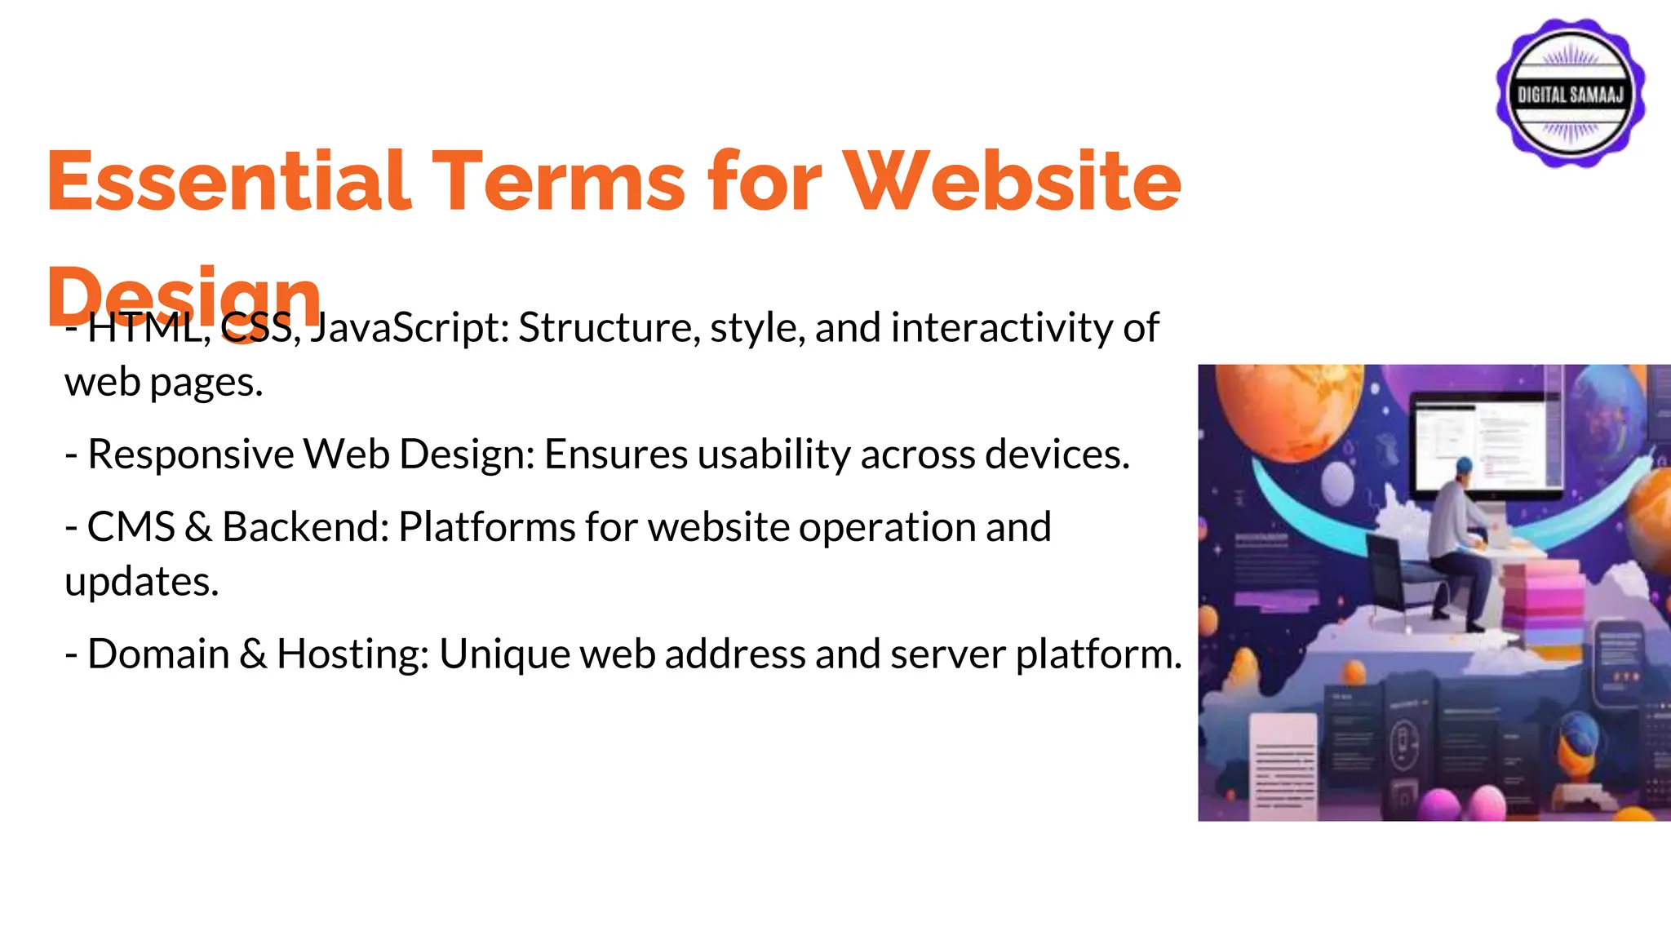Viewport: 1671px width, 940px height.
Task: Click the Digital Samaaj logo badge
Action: [1570, 94]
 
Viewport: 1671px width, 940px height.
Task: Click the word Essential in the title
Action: [228, 181]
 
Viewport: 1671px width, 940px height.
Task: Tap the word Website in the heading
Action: [1012, 181]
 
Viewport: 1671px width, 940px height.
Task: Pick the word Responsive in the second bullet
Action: [190, 454]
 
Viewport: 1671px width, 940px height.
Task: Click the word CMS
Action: [131, 527]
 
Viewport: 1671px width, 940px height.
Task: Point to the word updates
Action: [141, 582]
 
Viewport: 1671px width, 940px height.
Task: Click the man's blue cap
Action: [1465, 464]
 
